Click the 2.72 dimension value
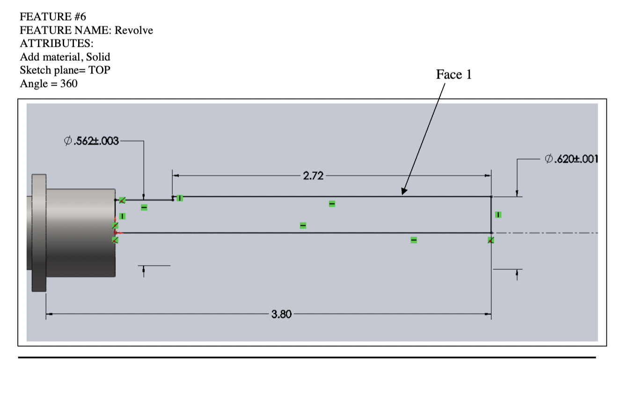[x=313, y=176]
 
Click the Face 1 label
[x=454, y=75]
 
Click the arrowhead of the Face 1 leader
[x=403, y=192]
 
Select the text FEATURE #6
[x=53, y=17]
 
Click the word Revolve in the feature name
[x=134, y=30]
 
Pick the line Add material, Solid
[x=65, y=57]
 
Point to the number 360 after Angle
[x=69, y=84]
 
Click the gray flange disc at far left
[x=39, y=233]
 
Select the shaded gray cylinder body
[x=80, y=232]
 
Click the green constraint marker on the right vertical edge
[x=498, y=215]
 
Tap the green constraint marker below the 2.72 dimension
[x=332, y=204]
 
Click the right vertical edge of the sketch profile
[x=491, y=215]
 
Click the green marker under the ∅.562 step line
[x=144, y=207]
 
